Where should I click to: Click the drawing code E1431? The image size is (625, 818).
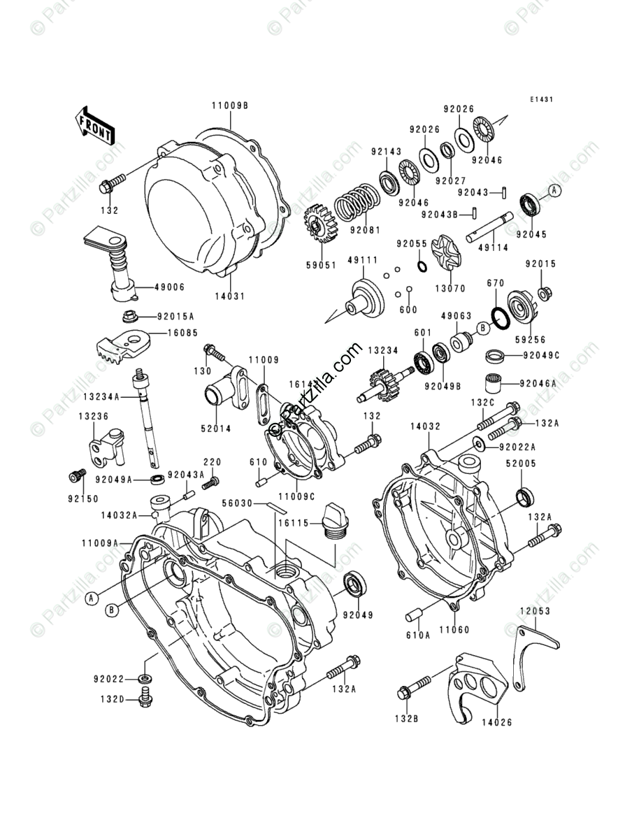point(541,100)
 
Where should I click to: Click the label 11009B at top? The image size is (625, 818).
point(230,106)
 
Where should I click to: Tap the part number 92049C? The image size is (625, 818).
point(543,355)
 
